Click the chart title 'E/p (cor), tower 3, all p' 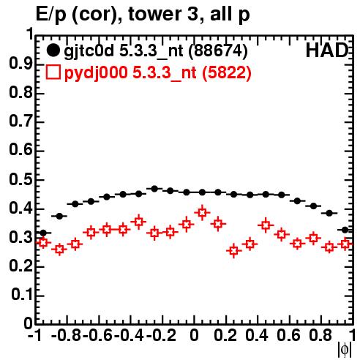(143, 14)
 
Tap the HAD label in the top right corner (326, 50)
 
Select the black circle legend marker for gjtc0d (53, 50)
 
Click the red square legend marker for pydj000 (53, 72)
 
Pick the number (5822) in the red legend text (227, 72)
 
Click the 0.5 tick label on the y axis (21, 180)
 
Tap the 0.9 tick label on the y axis (21, 64)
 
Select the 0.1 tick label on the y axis (22, 295)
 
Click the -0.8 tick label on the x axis (67, 336)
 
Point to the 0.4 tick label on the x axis (257, 336)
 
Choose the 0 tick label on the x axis (194, 336)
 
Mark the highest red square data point (202, 212)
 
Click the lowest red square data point (234, 250)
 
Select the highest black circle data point (154, 189)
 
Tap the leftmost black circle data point (43, 233)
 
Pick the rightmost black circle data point (345, 230)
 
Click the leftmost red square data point (43, 242)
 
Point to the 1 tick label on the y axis (30, 34)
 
